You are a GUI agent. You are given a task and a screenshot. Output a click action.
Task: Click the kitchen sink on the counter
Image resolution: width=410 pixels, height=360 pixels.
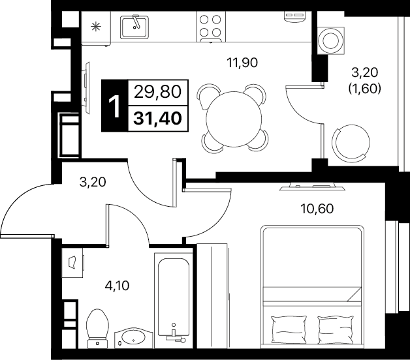click(134, 27)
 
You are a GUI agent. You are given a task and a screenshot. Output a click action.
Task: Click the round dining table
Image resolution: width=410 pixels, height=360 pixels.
click(234, 119)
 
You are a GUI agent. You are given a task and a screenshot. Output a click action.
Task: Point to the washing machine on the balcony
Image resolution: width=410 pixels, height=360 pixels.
click(331, 40)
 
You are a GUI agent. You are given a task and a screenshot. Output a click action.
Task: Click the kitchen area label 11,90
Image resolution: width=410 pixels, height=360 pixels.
click(242, 63)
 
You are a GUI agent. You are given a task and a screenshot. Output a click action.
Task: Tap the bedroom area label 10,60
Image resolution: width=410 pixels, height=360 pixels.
click(317, 209)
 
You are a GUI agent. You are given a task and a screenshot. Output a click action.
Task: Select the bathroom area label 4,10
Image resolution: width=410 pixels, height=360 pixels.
click(117, 286)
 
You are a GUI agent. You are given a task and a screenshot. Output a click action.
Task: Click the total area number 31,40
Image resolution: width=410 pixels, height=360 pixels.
click(158, 118)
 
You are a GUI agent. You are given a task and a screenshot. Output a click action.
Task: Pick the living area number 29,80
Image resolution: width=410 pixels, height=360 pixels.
click(158, 92)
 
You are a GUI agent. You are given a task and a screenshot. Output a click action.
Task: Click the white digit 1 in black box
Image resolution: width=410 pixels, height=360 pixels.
click(114, 106)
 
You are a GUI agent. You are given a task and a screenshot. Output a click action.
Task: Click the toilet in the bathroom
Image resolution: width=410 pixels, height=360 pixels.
click(97, 328)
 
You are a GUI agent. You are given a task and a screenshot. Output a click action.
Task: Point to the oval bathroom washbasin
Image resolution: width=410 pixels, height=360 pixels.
click(134, 338)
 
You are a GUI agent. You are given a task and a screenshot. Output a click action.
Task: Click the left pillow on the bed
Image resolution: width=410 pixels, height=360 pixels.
click(289, 330)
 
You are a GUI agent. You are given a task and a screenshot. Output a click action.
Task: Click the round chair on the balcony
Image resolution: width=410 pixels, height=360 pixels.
click(351, 143)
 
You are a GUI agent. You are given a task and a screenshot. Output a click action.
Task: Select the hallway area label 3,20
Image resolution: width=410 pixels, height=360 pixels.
click(93, 182)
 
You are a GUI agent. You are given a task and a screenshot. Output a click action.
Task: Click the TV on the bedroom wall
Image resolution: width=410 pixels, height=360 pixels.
click(307, 187)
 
